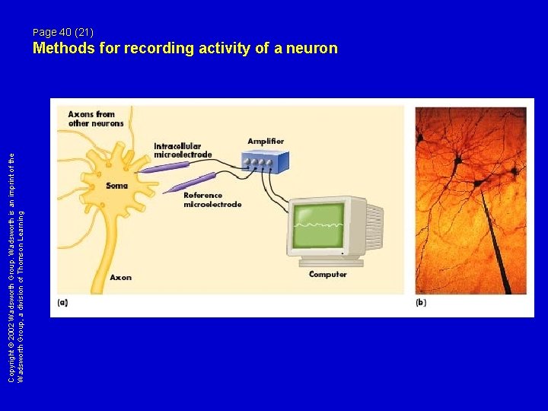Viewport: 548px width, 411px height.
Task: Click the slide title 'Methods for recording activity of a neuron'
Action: pos(185,49)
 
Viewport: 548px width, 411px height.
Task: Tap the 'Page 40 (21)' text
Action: pos(63,32)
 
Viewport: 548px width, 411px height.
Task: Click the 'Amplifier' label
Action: pos(266,142)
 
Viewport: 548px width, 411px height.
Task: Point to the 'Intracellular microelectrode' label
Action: pos(183,151)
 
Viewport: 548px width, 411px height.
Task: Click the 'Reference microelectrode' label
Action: pos(212,199)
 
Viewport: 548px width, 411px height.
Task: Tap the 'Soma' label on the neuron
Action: pos(116,186)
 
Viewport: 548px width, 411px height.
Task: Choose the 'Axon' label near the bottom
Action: pos(120,277)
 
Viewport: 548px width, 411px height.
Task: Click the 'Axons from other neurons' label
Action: pos(96,119)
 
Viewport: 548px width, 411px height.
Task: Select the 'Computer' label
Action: pos(327,274)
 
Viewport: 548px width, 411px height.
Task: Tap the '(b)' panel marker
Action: pos(421,302)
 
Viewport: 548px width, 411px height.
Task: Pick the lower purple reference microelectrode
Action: pos(193,182)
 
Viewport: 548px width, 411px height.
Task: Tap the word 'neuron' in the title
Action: pos(309,49)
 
